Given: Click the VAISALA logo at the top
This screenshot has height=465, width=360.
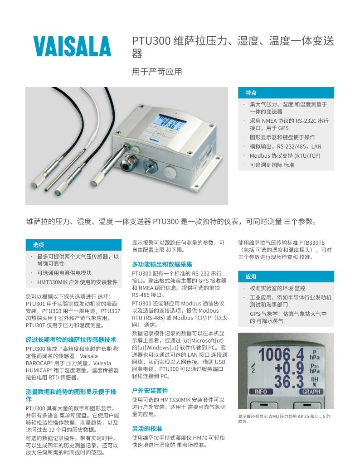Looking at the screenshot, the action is (72, 46).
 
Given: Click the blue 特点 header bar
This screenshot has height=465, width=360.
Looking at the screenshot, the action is (286, 92).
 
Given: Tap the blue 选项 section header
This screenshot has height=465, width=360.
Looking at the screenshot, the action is (73, 245).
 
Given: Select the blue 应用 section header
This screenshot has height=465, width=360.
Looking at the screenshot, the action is (286, 276).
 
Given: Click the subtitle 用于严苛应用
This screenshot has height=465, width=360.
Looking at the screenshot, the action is (157, 72).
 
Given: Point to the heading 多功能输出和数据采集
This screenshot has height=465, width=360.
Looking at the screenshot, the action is (162, 264).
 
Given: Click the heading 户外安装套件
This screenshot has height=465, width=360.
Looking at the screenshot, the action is (150, 391).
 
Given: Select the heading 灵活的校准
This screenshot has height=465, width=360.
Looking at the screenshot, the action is (147, 429).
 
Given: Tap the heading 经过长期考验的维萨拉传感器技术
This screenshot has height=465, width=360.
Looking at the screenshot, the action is (71, 339).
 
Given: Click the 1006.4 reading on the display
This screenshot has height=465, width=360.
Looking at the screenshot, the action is (281, 355).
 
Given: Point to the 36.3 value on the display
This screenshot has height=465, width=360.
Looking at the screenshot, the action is (289, 381).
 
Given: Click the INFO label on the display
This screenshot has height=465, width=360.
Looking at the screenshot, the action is (261, 392).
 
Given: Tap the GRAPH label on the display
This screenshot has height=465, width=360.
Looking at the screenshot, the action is (311, 392).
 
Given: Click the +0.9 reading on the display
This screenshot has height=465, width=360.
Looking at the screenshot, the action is (289, 368).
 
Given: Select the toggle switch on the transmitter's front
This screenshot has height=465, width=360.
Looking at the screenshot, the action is (147, 167).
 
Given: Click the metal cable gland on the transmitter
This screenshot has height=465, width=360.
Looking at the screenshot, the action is (127, 162).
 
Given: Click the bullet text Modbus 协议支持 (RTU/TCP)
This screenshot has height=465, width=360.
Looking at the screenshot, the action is (285, 156).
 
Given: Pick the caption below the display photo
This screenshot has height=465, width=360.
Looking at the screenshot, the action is (284, 419).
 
